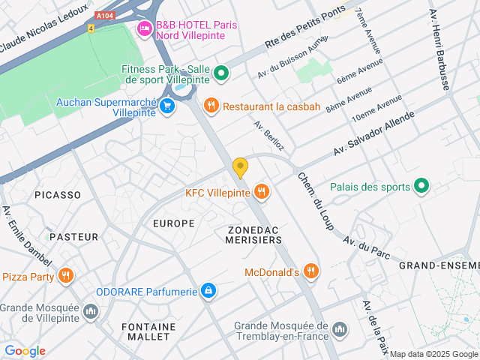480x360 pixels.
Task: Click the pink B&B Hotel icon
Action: pos(143,29)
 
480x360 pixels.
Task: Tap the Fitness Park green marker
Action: pos(220,73)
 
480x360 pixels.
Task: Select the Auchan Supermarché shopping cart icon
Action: pos(167,106)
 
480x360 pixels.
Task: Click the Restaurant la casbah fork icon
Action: pos(211,106)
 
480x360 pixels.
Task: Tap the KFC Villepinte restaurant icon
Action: pos(261,192)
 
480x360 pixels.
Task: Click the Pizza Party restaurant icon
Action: pos(66,276)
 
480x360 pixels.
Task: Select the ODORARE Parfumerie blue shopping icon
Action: pos(208,291)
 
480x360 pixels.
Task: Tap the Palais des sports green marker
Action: pos(421,187)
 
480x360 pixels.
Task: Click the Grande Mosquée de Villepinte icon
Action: pos(91,310)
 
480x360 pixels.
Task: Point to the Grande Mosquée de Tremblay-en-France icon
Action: pos(340,328)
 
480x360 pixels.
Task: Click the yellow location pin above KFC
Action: pos(240,167)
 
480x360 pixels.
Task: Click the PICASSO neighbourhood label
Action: pos(57,195)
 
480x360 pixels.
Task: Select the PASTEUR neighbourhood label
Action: pos(73,237)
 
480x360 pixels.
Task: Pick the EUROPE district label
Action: pos(173,223)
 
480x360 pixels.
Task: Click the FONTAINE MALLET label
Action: pos(148,332)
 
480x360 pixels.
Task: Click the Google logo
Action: pos(25,351)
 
